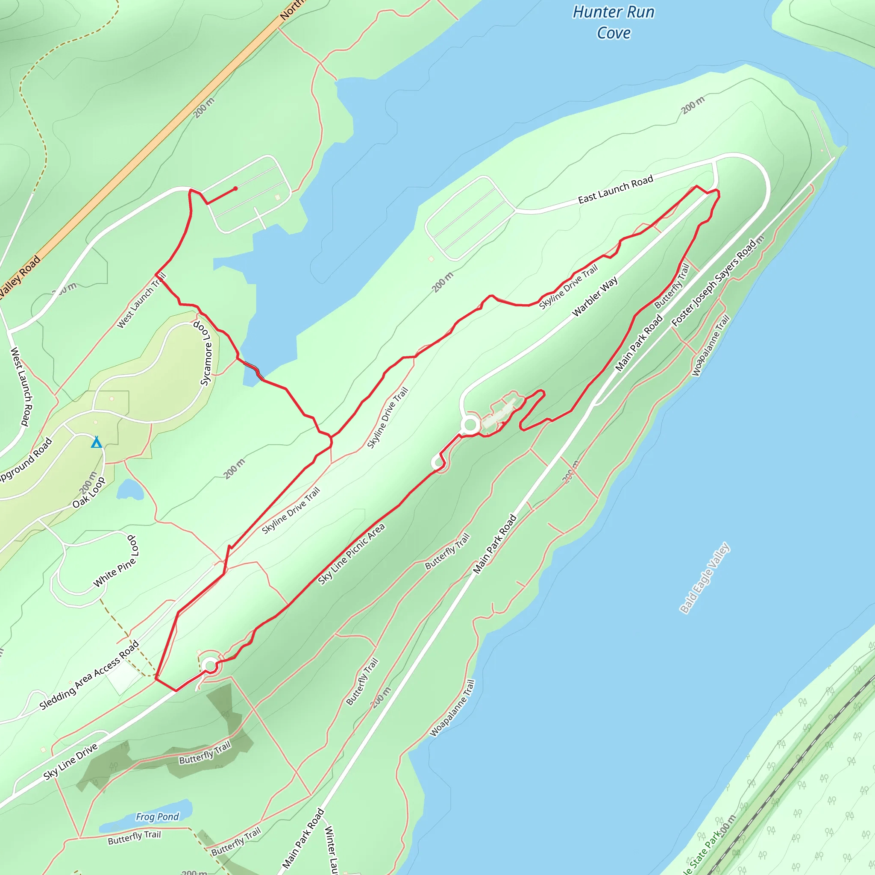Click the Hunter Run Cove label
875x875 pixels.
(614, 22)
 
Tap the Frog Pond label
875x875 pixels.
(157, 816)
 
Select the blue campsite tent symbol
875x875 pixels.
(96, 442)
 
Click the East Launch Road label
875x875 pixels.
(616, 189)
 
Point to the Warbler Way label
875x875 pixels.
(595, 297)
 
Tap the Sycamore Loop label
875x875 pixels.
(204, 353)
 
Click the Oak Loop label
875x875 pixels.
(89, 492)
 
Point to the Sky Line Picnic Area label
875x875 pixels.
(352, 553)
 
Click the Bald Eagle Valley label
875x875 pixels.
(705, 578)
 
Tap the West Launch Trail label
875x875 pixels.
(142, 300)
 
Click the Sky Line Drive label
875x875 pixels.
(70, 762)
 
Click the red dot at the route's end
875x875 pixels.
(235, 188)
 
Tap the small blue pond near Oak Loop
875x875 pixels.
(130, 490)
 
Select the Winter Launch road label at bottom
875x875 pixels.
(332, 850)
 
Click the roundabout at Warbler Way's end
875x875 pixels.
(470, 425)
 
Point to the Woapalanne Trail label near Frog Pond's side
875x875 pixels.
(452, 708)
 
